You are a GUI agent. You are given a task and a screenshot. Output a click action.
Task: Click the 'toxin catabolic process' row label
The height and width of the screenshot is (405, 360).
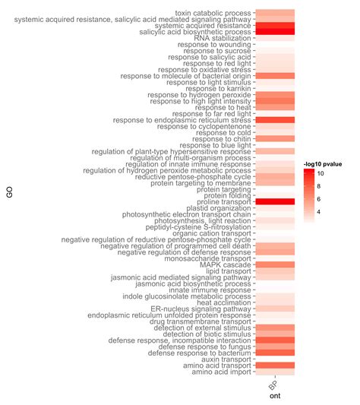pyautogui.click(x=213, y=13)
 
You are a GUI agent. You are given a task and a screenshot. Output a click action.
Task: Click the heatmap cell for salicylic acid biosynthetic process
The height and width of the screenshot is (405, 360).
pyautogui.click(x=273, y=33)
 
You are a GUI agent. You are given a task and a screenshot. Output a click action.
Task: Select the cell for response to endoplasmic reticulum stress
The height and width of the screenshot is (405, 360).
pyautogui.click(x=273, y=120)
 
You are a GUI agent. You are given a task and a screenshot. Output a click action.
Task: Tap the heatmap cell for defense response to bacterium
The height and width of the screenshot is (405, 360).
pyautogui.click(x=273, y=353)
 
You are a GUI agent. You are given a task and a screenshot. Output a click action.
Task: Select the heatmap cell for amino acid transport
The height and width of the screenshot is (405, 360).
pyautogui.click(x=273, y=365)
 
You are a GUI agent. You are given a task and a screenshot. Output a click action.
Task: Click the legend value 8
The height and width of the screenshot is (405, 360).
pyautogui.click(x=342, y=187)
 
